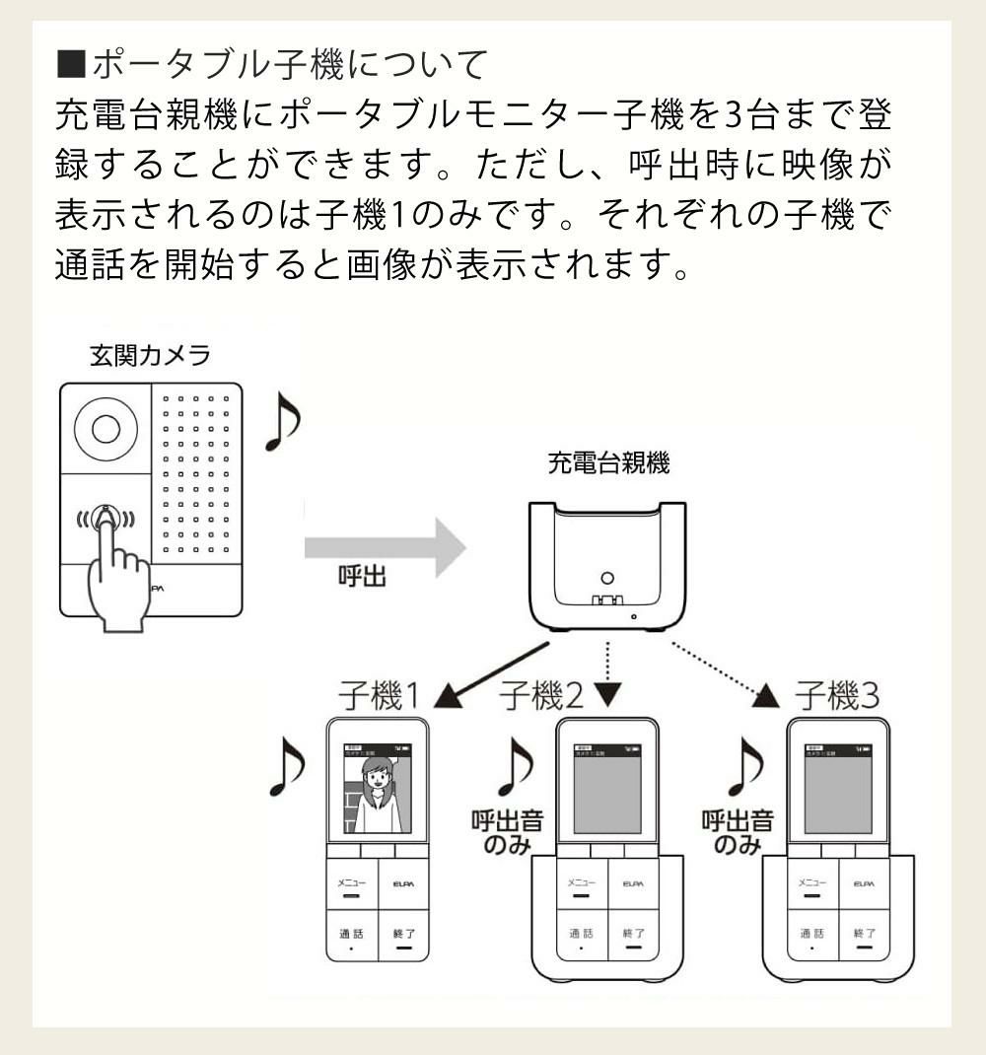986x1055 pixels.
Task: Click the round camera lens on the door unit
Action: tap(106, 429)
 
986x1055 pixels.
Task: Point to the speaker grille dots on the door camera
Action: tap(195, 473)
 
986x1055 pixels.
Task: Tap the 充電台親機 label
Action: tap(608, 463)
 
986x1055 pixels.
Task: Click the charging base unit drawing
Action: tap(607, 567)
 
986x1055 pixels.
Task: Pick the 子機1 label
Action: tap(380, 697)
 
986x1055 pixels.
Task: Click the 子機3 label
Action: tap(837, 697)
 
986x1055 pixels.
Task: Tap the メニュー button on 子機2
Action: tap(582, 885)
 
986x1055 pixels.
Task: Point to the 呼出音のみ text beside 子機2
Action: tap(507, 833)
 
